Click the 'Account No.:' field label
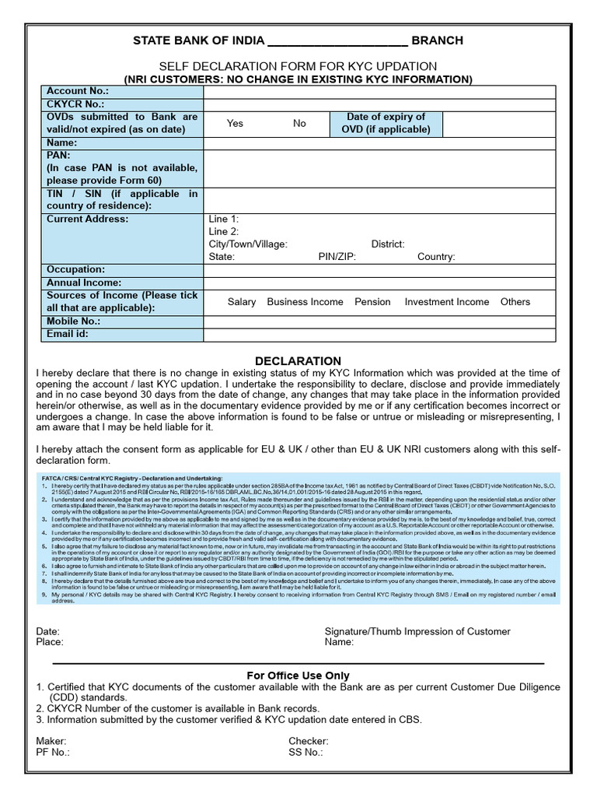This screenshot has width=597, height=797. [77, 91]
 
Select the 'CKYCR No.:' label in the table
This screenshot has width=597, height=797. [75, 104]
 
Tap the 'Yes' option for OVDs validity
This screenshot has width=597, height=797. [235, 123]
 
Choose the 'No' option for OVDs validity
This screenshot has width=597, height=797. [299, 123]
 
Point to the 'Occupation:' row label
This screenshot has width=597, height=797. [76, 269]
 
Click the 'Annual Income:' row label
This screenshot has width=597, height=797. [84, 283]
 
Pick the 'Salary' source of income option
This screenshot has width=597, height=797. [242, 302]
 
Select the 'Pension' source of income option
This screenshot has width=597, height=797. [372, 302]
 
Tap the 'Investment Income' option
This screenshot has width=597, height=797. [447, 302]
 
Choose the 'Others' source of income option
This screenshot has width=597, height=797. [515, 302]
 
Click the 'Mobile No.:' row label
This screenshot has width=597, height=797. [74, 321]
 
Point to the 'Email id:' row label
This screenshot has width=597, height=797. [68, 334]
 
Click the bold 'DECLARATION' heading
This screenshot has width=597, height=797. [298, 361]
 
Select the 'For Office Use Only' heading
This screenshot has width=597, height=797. [298, 676]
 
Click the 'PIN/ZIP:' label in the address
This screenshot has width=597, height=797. [337, 257]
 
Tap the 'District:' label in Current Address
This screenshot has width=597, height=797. [388, 244]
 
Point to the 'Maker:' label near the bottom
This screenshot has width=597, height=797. [51, 741]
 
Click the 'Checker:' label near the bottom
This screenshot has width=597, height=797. [309, 741]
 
